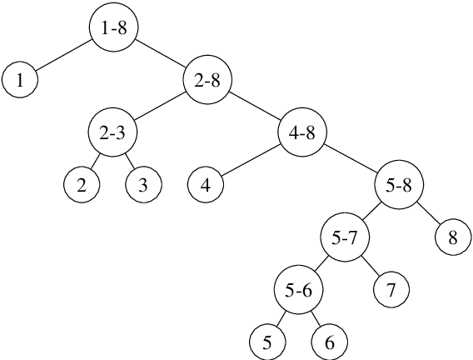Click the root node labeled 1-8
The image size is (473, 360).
click(x=113, y=28)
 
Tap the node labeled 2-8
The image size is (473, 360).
click(x=207, y=81)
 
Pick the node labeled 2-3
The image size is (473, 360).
click(x=112, y=132)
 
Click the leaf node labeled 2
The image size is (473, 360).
click(x=82, y=185)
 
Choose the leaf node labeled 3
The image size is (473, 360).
click(x=143, y=185)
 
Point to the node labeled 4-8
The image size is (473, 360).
click(x=301, y=132)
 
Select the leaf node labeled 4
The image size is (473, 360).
click(x=205, y=185)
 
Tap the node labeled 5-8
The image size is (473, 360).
click(x=400, y=185)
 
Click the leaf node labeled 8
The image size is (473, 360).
click(x=452, y=237)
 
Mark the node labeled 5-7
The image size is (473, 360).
click(x=345, y=237)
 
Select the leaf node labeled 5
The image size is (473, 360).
click(x=266, y=342)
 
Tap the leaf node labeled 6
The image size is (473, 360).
click(x=329, y=342)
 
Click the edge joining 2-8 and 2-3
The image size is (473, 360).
click(x=160, y=107)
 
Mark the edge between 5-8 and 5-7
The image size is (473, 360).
click(x=372, y=212)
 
